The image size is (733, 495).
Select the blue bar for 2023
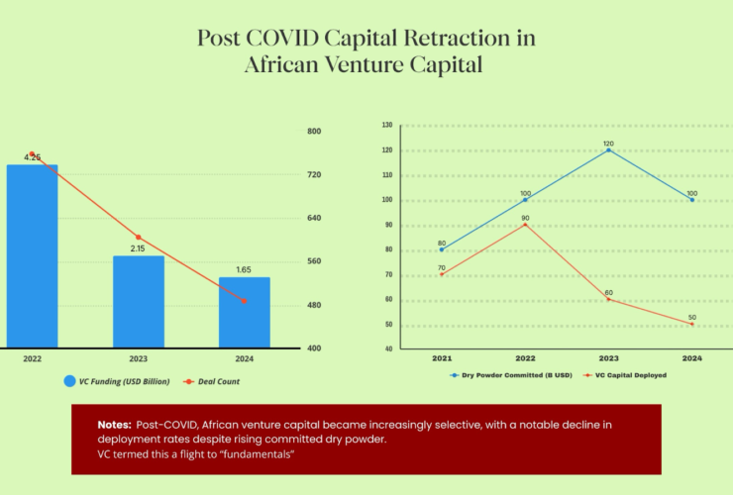[x=138, y=301]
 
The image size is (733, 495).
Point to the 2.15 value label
[x=138, y=248]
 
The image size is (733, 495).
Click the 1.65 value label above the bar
[x=244, y=269]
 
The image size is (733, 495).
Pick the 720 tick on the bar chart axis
[x=314, y=175]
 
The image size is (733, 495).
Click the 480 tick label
[x=314, y=305]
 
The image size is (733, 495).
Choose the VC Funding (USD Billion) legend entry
[x=125, y=381]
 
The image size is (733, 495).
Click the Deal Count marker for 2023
[x=138, y=238]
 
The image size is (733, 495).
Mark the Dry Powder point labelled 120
[x=608, y=149]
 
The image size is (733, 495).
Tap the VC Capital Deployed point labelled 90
[x=525, y=225]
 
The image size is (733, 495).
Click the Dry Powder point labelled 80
[x=442, y=249]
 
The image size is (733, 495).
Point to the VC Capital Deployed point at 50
[x=691, y=324]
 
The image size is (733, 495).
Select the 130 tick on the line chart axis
[x=387, y=126]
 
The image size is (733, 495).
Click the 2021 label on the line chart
[x=442, y=356]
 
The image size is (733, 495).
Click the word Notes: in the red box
[x=114, y=425]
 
